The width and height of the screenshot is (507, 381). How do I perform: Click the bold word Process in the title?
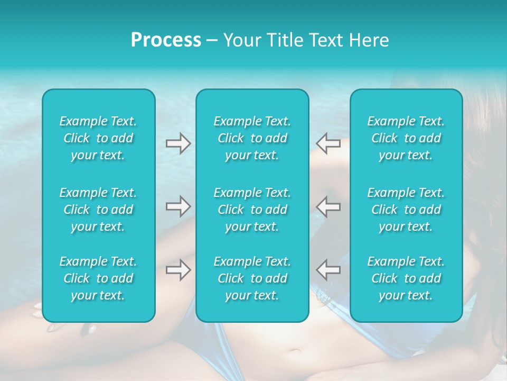166,40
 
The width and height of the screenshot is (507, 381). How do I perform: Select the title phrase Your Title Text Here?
306,40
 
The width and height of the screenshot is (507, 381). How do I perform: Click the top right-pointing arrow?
178,143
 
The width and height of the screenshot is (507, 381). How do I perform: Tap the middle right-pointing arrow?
178,206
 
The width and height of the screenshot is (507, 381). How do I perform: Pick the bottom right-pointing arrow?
178,270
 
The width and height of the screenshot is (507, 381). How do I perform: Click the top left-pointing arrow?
328,143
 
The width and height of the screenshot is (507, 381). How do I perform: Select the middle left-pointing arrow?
328,206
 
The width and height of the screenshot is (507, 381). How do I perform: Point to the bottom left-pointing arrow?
328,270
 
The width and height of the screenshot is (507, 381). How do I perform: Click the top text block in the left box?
98,138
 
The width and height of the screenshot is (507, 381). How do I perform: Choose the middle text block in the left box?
98,210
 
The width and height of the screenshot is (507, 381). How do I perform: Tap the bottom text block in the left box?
98,278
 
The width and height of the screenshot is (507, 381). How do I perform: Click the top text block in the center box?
252,138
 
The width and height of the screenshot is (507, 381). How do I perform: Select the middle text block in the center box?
252,210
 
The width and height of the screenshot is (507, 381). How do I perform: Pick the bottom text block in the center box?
252,278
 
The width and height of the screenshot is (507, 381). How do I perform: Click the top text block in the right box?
406,138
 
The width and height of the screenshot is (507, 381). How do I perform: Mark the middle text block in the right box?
406,210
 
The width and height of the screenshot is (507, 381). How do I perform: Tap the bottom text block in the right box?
406,278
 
